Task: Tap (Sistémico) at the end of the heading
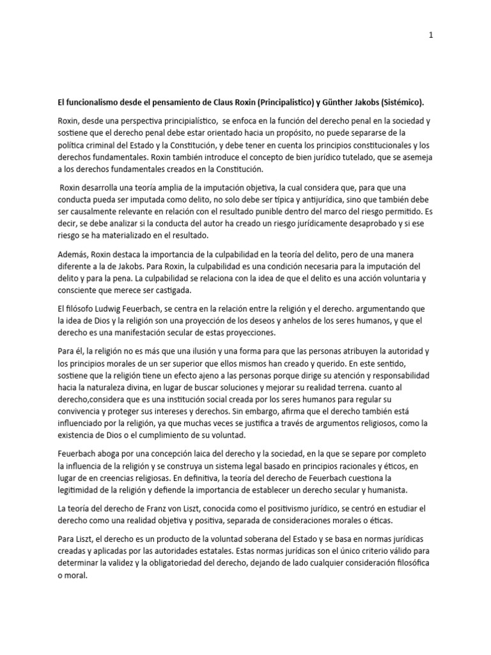403,102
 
